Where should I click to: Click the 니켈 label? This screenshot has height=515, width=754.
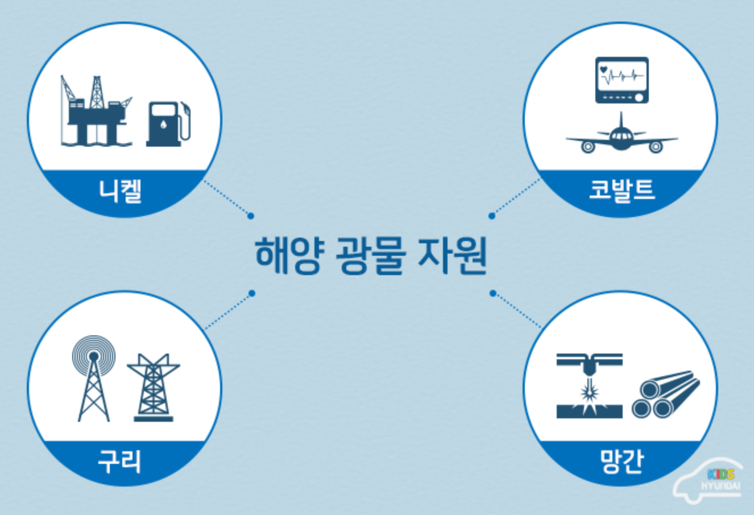click(x=120, y=191)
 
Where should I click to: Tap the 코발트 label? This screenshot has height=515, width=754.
click(x=622, y=190)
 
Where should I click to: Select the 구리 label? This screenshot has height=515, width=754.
click(x=119, y=461)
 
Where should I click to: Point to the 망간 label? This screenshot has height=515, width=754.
click(x=622, y=461)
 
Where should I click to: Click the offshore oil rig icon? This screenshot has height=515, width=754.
click(x=96, y=111)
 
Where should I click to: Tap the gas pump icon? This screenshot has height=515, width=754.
click(x=168, y=123)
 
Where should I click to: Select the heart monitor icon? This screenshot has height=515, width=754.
click(x=622, y=80)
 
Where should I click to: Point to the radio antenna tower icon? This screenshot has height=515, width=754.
click(x=94, y=378)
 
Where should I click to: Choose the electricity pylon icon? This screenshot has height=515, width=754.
click(x=154, y=388)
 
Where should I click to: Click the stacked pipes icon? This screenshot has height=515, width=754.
click(x=665, y=394)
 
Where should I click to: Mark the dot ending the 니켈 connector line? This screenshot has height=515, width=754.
click(x=251, y=216)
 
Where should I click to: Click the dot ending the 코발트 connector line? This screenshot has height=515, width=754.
click(x=492, y=216)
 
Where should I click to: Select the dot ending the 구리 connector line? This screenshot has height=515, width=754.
click(x=252, y=293)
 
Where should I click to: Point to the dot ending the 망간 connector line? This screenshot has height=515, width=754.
click(x=493, y=293)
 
